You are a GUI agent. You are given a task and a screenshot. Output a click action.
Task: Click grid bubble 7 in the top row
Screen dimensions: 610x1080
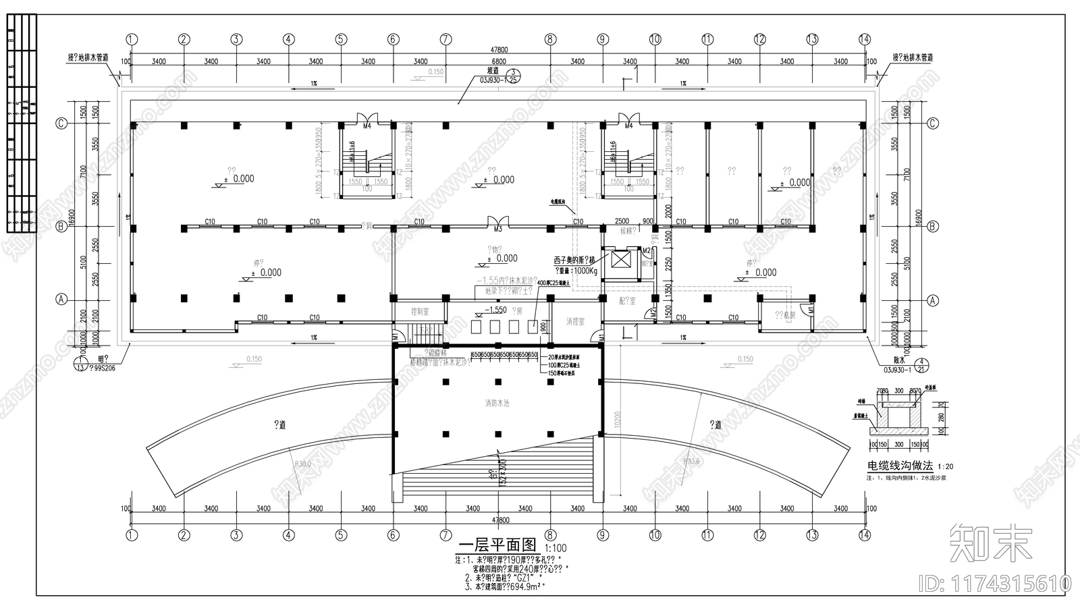446,39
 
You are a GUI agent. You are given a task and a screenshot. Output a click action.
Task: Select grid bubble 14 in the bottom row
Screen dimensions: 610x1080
865,535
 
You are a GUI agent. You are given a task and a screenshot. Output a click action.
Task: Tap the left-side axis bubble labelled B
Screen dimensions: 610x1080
61,227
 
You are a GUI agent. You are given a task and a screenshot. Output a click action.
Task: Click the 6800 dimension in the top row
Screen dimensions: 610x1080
498,61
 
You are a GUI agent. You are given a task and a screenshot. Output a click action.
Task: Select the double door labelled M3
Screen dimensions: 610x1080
498,223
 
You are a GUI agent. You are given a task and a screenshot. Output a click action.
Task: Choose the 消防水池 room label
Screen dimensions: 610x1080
497,403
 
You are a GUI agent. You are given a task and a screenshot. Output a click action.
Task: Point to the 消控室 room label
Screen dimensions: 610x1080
576,322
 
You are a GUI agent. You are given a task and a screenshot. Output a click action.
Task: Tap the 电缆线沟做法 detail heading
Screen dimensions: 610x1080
899,466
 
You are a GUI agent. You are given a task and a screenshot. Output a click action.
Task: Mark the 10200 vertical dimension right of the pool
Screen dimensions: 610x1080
616,418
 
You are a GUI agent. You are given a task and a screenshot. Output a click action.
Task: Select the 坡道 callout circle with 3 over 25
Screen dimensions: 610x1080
514,75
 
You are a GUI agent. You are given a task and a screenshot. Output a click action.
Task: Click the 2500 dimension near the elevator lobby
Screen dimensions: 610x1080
621,221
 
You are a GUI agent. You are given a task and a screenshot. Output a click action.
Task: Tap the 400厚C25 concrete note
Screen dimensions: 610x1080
553,283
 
